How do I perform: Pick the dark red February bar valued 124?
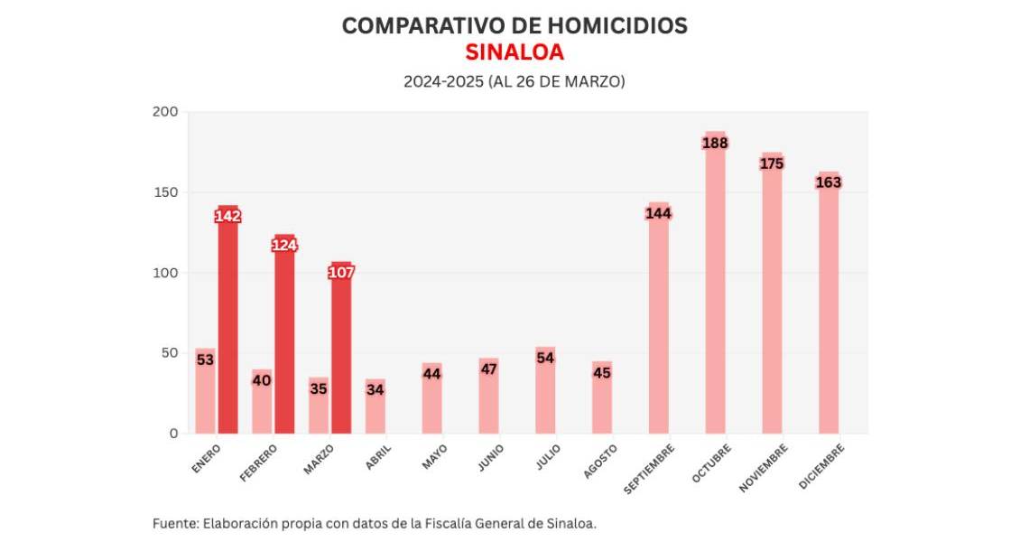point(284,343)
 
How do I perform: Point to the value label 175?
point(772,164)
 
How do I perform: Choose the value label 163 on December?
point(829,182)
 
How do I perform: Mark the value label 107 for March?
point(341,273)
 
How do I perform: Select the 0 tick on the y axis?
point(173,434)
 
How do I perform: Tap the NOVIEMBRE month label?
point(764,467)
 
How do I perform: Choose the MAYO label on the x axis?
point(433,456)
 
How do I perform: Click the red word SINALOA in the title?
point(514,52)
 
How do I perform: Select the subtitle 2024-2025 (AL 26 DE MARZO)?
point(514,81)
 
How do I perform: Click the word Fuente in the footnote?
point(174,523)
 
